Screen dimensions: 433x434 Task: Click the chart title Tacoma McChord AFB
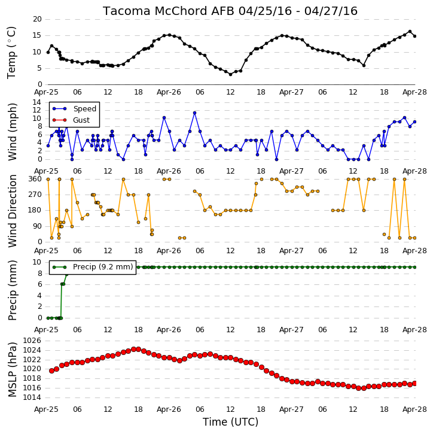169,11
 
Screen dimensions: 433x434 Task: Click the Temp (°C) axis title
11,53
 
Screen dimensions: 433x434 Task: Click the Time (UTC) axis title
230,422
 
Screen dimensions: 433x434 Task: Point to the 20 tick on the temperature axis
37,19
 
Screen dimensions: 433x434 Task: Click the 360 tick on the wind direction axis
35,179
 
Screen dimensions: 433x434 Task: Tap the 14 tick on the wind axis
37,102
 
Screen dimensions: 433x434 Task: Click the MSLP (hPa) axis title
12,369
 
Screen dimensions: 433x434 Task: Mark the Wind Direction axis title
12,211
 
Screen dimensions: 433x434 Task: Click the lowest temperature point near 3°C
230,74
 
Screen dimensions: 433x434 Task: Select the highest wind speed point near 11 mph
194,113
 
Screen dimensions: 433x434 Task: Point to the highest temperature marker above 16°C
410,32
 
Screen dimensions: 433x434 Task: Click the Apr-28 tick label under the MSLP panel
414,409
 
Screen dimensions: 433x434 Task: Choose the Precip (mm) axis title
12,290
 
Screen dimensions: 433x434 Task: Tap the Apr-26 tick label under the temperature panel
169,92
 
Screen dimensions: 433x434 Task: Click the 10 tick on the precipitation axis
37,262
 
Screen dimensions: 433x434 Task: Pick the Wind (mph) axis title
12,132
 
